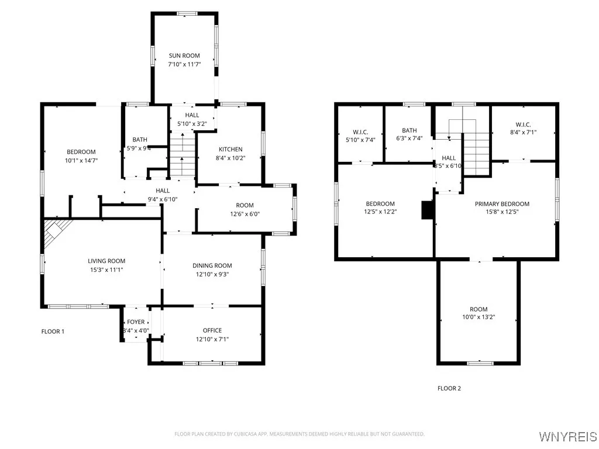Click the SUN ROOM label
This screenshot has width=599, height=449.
click(x=184, y=56)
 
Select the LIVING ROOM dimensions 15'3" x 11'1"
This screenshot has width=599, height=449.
click(x=106, y=270)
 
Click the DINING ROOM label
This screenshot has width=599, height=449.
click(x=212, y=265)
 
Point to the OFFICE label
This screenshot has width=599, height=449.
click(x=212, y=330)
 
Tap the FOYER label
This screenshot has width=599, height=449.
click(x=136, y=322)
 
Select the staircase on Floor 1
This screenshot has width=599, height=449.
click(x=182, y=154)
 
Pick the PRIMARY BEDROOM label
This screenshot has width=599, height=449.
click(x=502, y=204)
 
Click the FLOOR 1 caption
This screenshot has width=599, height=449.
click(x=53, y=331)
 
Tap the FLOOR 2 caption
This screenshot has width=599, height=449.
click(x=449, y=388)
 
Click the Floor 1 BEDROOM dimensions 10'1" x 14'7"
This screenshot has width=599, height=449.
click(x=81, y=159)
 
